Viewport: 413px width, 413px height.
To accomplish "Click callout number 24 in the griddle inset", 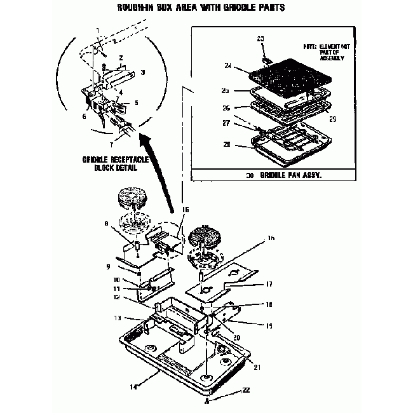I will [228, 65].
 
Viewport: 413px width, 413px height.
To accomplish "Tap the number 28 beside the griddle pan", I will [227, 146].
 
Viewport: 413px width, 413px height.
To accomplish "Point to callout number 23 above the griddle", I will [260, 39].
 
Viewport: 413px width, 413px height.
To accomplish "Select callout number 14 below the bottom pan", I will [132, 385].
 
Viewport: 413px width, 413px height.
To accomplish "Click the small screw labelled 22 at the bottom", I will [209, 401].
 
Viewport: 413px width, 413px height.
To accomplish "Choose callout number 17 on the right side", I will [269, 284].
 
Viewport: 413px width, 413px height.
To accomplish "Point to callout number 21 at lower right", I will [257, 367].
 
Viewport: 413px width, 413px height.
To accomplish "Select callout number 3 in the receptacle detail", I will [143, 73].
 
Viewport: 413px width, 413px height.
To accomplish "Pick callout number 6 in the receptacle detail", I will [83, 116].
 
